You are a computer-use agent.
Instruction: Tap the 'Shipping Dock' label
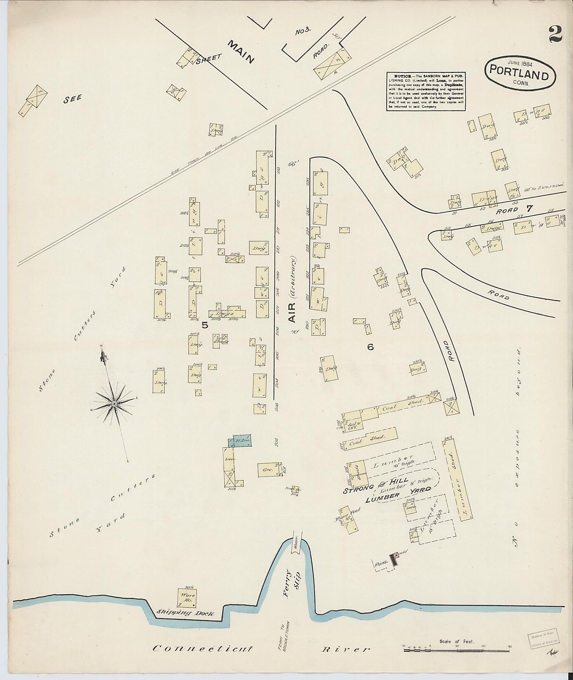(x=185, y=613)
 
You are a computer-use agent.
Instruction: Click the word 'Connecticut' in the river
(x=202, y=648)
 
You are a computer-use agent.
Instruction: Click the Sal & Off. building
(x=352, y=425)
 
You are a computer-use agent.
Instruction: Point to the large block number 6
(x=370, y=347)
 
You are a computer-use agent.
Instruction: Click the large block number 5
(x=205, y=325)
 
